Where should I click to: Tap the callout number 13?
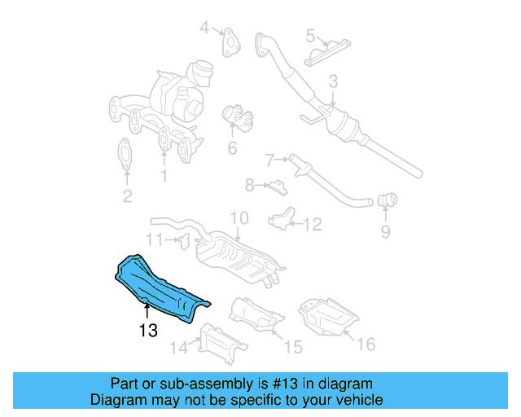[x=147, y=331]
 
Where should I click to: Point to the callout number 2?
[x=126, y=195]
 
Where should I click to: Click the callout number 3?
[x=333, y=82]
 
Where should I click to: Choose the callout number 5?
[x=310, y=35]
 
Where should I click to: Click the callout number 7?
[x=269, y=159]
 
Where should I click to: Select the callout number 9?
[x=385, y=232]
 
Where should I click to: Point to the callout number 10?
[x=238, y=218]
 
